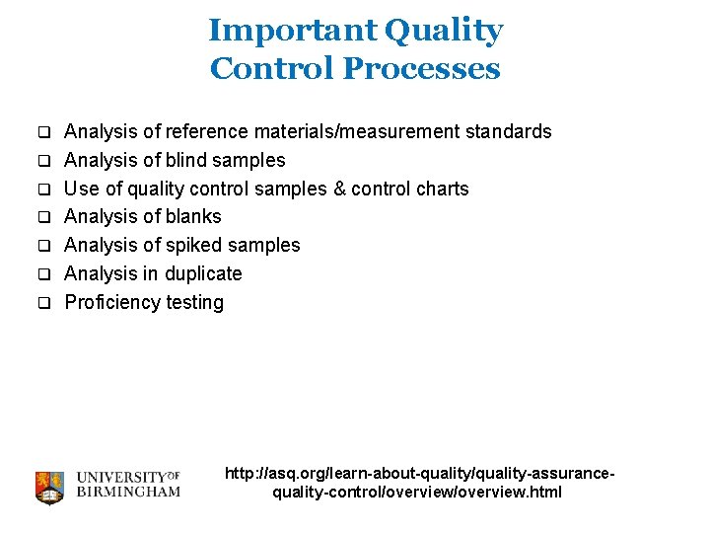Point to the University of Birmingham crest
(x=49, y=487)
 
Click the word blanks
(x=193, y=216)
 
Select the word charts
(x=442, y=189)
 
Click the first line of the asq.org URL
(x=420, y=474)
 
